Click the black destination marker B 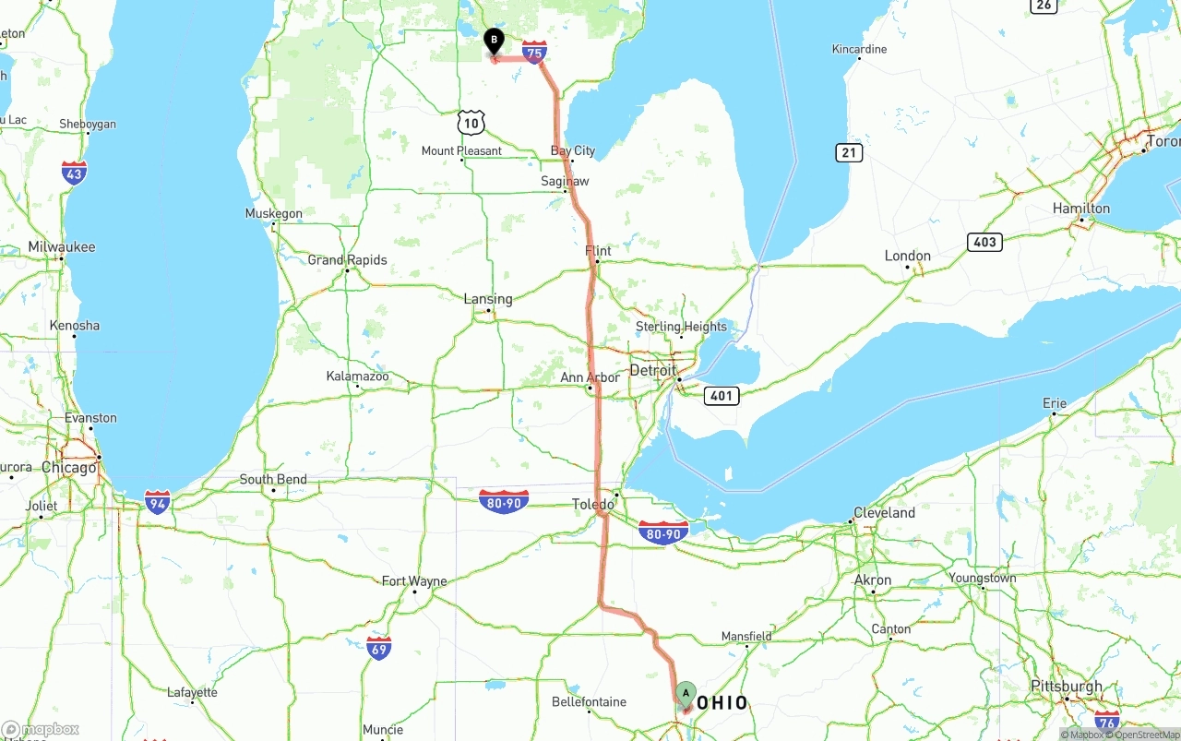pyautogui.click(x=494, y=42)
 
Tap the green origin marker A pyautogui.click(x=686, y=694)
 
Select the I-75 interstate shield pyautogui.click(x=534, y=52)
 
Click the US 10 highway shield pyautogui.click(x=471, y=122)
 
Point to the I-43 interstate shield pyautogui.click(x=75, y=173)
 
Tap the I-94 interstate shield pyautogui.click(x=158, y=502)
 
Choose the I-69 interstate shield pyautogui.click(x=378, y=648)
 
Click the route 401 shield pyautogui.click(x=721, y=396)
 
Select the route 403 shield pyautogui.click(x=984, y=242)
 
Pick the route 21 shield pyautogui.click(x=849, y=153)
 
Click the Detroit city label pyautogui.click(x=652, y=370)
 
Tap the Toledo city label pyautogui.click(x=592, y=505)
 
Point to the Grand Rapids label pyautogui.click(x=347, y=260)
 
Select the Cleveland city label pyautogui.click(x=884, y=513)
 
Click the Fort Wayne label pyautogui.click(x=414, y=581)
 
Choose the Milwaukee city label pyautogui.click(x=62, y=247)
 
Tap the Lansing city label pyautogui.click(x=488, y=299)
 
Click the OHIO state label pyautogui.click(x=722, y=704)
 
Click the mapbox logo pyautogui.click(x=41, y=730)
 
